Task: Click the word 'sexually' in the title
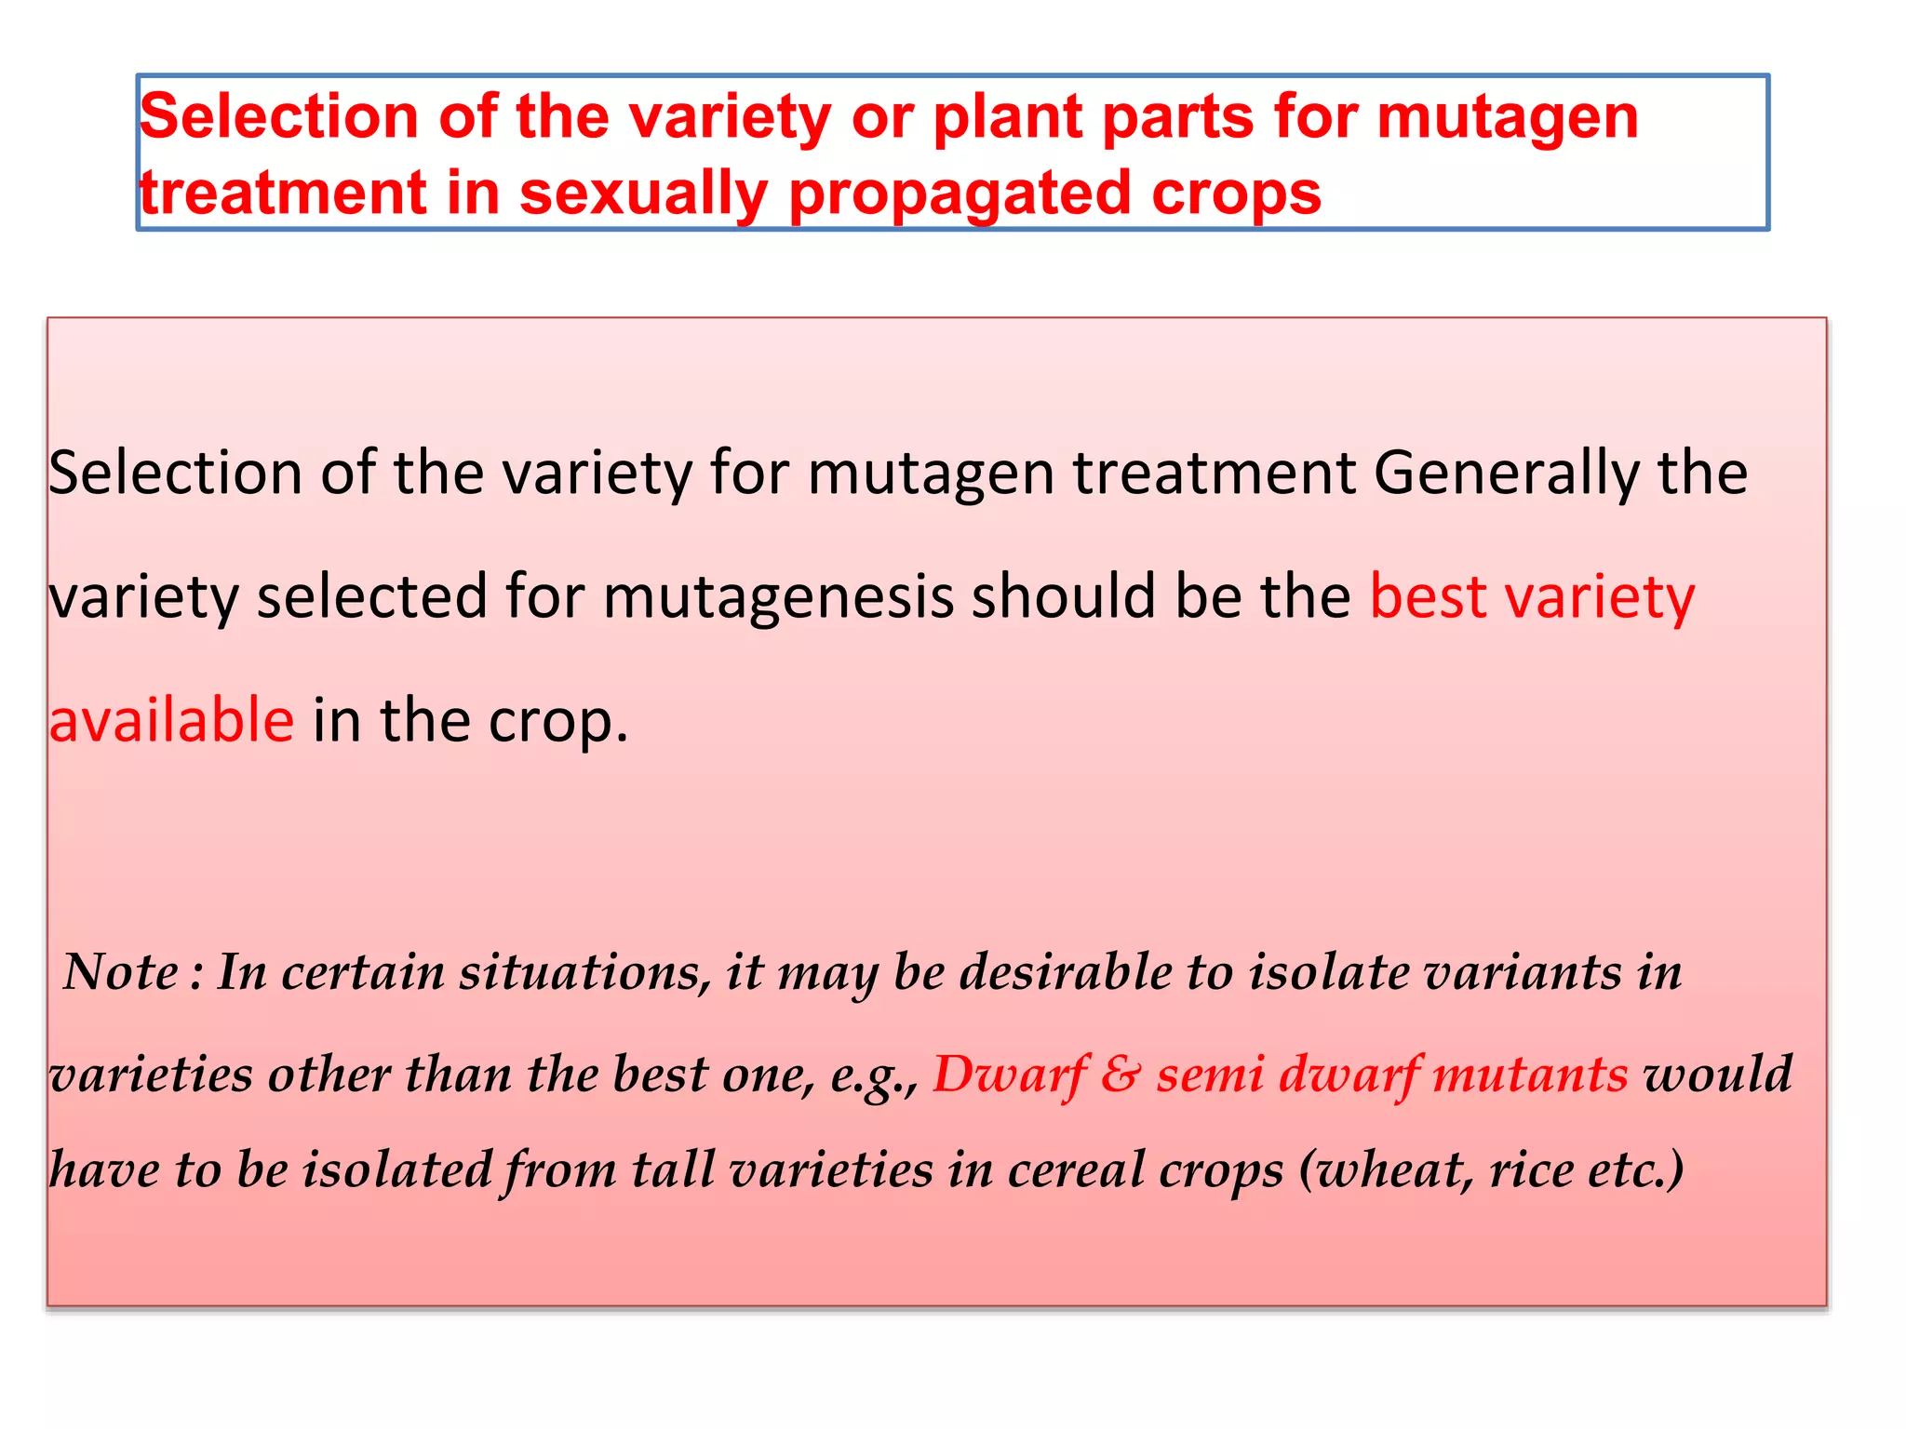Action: point(642,194)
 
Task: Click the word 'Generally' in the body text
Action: point(1506,473)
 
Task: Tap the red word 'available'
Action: point(172,720)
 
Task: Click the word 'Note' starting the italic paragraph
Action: point(120,972)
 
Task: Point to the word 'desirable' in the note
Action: point(1067,972)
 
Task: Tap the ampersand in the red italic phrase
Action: point(1120,1075)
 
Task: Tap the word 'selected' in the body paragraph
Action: point(372,596)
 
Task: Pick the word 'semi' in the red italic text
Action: point(1210,1075)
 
